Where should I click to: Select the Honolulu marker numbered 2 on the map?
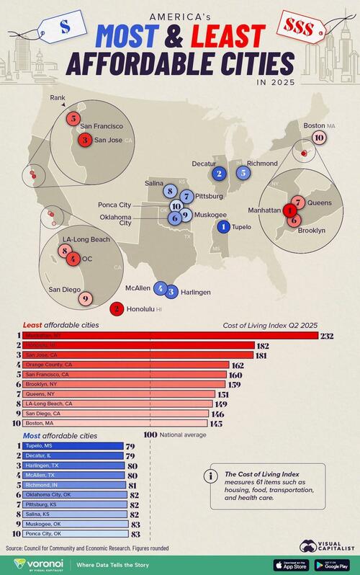(x=115, y=309)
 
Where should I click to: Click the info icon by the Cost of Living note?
(x=210, y=476)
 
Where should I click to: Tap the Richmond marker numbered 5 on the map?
(x=243, y=172)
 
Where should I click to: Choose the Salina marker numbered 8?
(x=171, y=191)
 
